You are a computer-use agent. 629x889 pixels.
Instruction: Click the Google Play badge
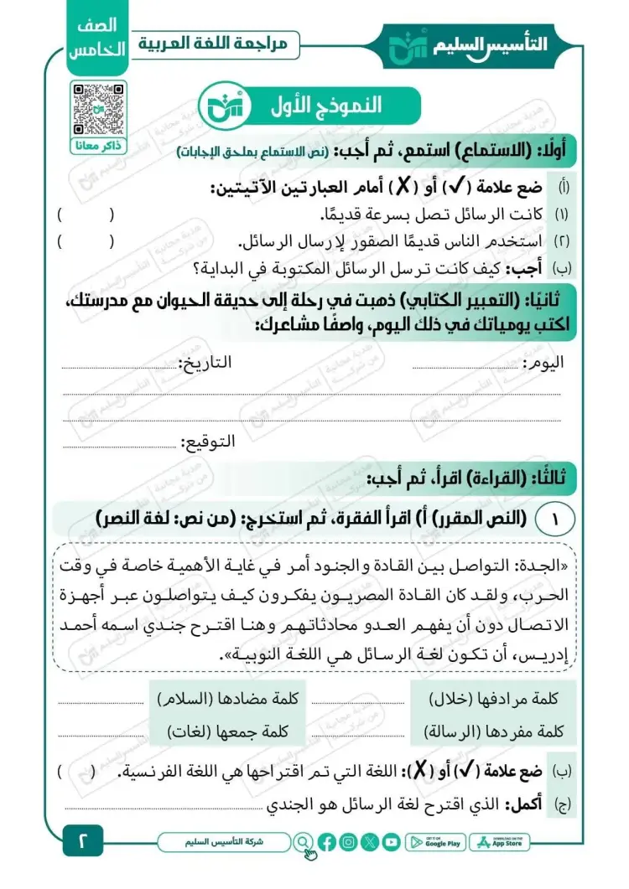click(436, 842)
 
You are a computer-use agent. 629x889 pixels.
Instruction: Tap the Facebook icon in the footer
click(327, 842)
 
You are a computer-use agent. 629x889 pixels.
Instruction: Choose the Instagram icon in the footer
click(348, 842)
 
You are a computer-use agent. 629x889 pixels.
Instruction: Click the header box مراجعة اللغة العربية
click(219, 44)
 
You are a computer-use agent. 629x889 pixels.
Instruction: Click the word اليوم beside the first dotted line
click(542, 364)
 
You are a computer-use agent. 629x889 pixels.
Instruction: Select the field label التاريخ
click(205, 364)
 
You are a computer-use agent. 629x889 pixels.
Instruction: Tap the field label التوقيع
click(210, 442)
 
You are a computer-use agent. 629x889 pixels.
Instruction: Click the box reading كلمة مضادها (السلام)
click(229, 698)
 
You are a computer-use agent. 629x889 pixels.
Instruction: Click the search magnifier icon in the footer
click(303, 842)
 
